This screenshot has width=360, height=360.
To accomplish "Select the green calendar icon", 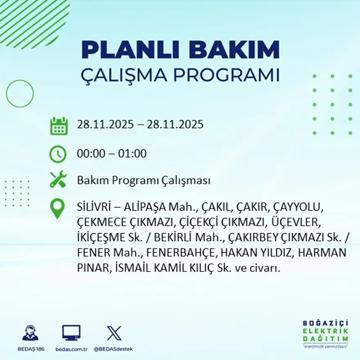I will click(x=59, y=126).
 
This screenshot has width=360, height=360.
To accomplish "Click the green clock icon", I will click(x=58, y=154).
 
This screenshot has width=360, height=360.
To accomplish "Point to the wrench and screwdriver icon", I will click(x=58, y=180).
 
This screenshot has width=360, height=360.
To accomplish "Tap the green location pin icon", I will click(x=57, y=208).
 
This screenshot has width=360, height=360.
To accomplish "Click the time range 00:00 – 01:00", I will click(x=112, y=154).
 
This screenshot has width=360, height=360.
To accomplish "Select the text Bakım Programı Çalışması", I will click(x=144, y=180).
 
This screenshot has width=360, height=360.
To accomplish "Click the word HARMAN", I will click(x=322, y=252).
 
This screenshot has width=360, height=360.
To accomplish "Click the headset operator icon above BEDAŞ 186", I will click(x=30, y=333).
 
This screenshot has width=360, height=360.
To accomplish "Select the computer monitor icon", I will click(x=71, y=333).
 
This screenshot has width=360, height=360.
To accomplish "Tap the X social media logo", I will click(x=114, y=333).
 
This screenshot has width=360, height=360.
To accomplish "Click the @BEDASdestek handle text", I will click(x=113, y=349).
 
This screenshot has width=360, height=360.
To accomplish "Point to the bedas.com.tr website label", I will click(x=72, y=349).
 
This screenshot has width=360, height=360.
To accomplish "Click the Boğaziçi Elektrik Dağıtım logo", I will click(x=326, y=333).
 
